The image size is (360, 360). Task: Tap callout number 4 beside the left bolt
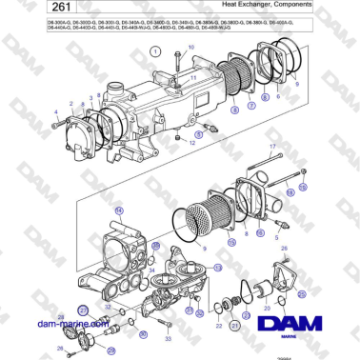pyautogui.click(x=57, y=113)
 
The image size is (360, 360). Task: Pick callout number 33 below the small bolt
pyautogui.click(x=168, y=338)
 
